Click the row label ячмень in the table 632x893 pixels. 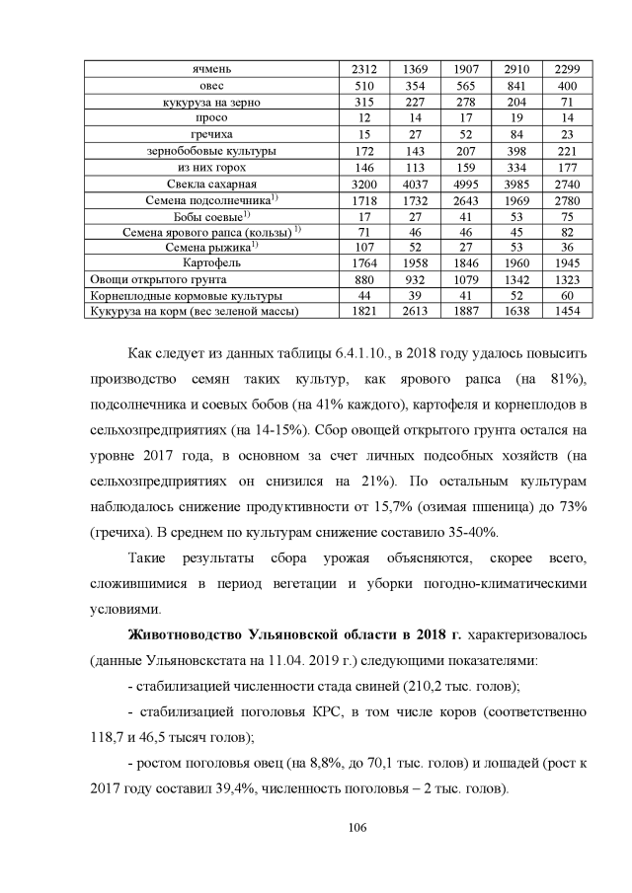(x=212, y=68)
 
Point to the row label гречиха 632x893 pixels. (x=212, y=134)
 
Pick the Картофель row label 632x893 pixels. (x=212, y=263)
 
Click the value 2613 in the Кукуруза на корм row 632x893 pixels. (x=415, y=311)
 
